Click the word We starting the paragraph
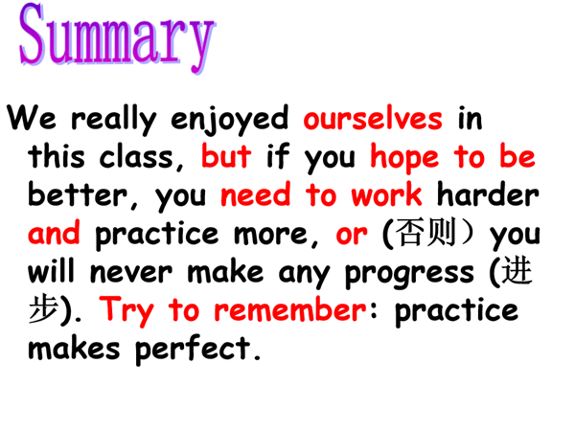(x=32, y=117)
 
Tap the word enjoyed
(x=230, y=120)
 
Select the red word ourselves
(x=373, y=118)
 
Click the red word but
(x=226, y=155)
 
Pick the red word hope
(x=404, y=158)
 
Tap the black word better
(x=78, y=194)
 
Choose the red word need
(x=256, y=194)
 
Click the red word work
(x=386, y=194)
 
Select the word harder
(x=488, y=194)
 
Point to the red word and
(x=54, y=233)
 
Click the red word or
(x=352, y=235)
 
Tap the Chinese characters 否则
(x=426, y=233)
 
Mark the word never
(x=131, y=273)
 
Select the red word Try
(x=126, y=310)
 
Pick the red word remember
(x=290, y=309)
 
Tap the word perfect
(x=193, y=349)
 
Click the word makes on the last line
(x=74, y=348)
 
